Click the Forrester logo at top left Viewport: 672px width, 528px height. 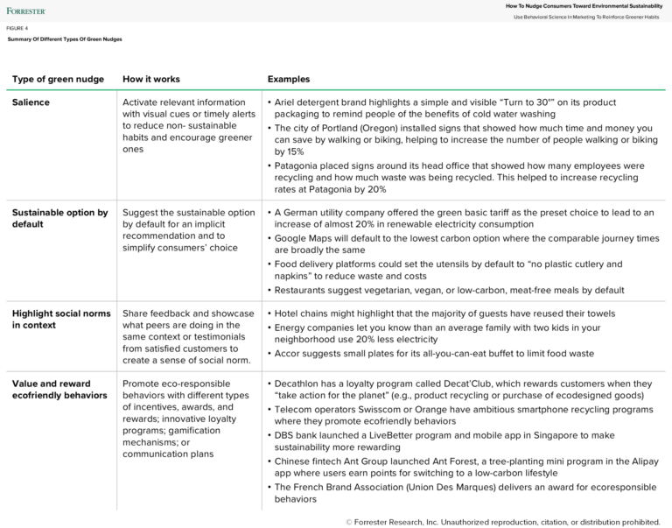click(x=26, y=11)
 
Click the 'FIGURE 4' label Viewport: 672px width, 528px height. click(x=17, y=28)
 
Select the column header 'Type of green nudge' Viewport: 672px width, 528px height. click(x=58, y=79)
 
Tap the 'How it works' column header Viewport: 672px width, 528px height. click(x=151, y=79)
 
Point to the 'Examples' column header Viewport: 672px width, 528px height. click(x=289, y=79)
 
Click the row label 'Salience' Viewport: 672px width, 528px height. click(x=31, y=102)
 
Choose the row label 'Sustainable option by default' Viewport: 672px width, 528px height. click(x=59, y=218)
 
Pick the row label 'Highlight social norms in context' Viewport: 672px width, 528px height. click(x=61, y=319)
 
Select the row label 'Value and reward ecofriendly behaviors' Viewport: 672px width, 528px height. click(x=59, y=390)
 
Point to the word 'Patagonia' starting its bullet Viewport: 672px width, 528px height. click(x=299, y=165)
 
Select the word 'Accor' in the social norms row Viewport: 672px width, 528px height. click(x=289, y=354)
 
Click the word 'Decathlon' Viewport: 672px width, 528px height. click(x=301, y=384)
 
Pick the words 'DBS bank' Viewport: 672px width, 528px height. click(x=297, y=434)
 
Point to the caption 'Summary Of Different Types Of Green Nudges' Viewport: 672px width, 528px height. click(x=65, y=39)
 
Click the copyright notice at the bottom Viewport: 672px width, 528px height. click(x=502, y=522)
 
